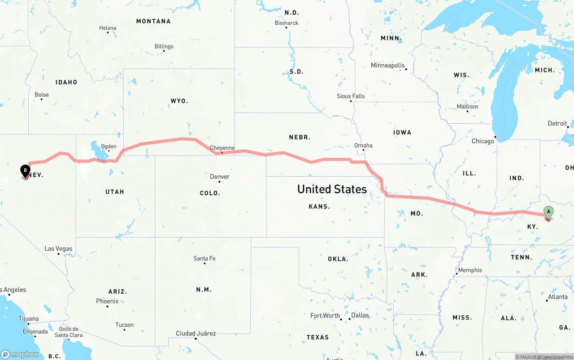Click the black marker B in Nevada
coord(26,171)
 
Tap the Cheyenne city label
coord(222,148)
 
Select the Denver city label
coord(220,177)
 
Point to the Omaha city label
coord(363,145)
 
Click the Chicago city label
coord(483,141)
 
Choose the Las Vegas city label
coord(58,249)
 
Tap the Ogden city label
coord(109,147)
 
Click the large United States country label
coord(332,189)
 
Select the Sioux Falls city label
coord(351,96)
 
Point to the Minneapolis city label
coord(387,65)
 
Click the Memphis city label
coord(470,270)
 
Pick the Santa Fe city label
coord(204,259)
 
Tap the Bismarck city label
coord(287,23)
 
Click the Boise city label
coord(42,95)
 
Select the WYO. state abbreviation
coord(179,101)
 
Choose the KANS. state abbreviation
coord(319,207)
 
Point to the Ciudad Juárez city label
coord(196,334)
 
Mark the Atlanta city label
coord(557,297)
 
